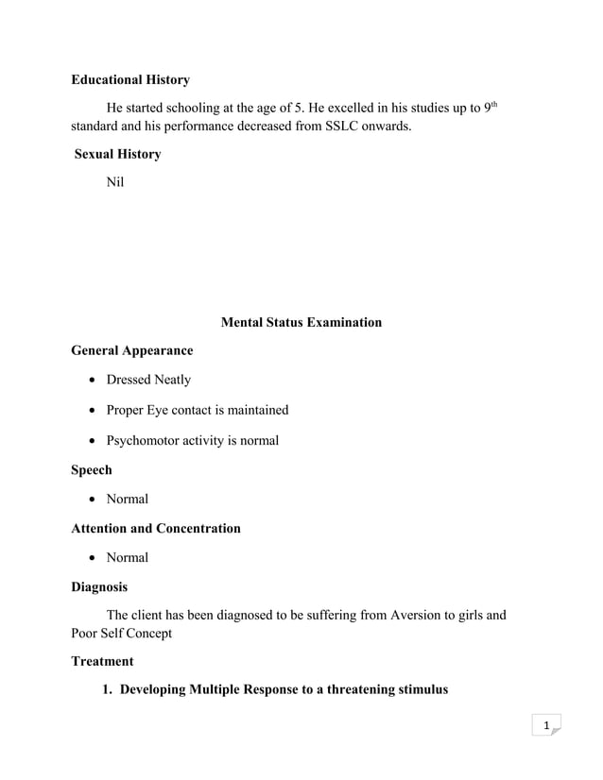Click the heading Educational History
[130, 80]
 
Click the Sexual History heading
[118, 154]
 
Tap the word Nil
[115, 182]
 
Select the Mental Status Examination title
[301, 322]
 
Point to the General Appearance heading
[131, 350]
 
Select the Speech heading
[92, 469]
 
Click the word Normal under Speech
[128, 499]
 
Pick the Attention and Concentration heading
[156, 528]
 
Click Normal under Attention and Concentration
[128, 557]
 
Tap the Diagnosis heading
[99, 586]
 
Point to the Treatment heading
[102, 661]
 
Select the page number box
[545, 725]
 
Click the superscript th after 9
[493, 104]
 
